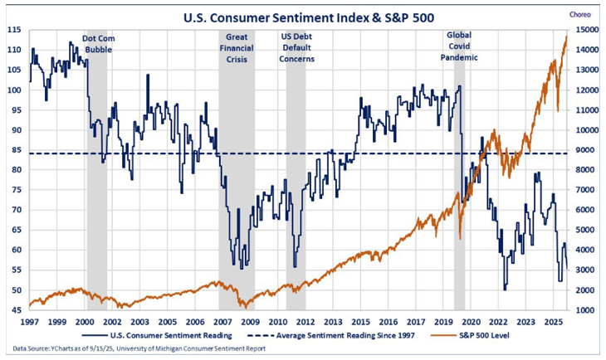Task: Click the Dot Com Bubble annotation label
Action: tap(98, 44)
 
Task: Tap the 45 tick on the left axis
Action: tap(14, 310)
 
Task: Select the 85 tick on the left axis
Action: tap(14, 149)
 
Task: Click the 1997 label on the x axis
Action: tap(30, 320)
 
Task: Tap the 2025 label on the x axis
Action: tap(553, 320)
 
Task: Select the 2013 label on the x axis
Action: tap(332, 320)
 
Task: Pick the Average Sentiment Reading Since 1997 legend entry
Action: tap(340, 335)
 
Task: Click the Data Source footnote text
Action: tap(141, 348)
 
